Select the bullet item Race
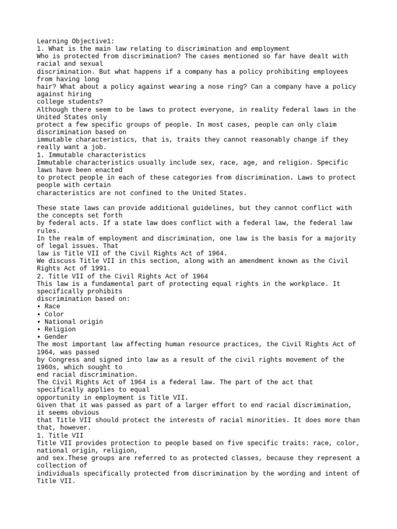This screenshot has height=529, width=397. (x=52, y=306)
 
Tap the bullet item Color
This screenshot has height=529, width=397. (x=54, y=314)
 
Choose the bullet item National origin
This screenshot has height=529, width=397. (x=66, y=321)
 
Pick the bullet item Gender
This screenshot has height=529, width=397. (x=56, y=336)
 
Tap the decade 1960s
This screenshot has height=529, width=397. (x=48, y=367)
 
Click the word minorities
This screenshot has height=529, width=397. (x=261, y=420)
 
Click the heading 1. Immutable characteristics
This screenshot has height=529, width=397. (x=91, y=154)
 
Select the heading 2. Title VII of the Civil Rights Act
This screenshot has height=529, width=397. (x=123, y=276)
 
